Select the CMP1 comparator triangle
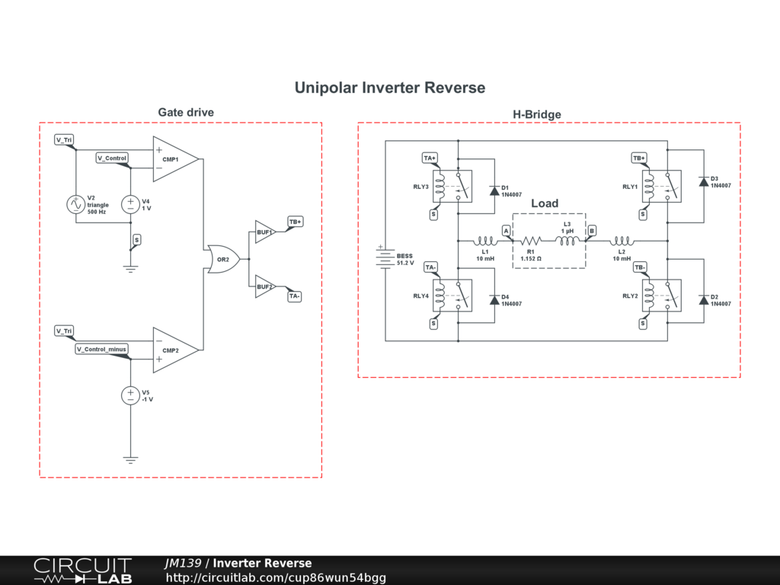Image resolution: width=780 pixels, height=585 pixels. coord(176,159)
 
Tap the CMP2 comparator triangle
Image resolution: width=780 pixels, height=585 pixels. coord(176,350)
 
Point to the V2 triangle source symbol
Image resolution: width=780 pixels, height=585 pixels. coord(75,204)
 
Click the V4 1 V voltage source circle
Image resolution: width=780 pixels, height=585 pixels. coord(130,204)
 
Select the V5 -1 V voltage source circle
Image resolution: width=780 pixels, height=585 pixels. coord(130,395)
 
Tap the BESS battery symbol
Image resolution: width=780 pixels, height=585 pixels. coord(385,257)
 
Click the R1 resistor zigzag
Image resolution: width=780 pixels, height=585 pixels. coord(531,241)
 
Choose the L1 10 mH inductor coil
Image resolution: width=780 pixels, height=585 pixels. coord(485,241)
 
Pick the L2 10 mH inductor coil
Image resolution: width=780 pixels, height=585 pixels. coord(622,241)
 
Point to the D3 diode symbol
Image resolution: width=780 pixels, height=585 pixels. coord(704,181)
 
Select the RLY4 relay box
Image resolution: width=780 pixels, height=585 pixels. coord(452,296)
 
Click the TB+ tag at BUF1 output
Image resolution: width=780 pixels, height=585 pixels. coord(295,222)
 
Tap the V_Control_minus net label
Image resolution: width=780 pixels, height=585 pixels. coord(101,349)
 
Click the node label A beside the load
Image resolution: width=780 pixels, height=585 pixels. coord(506,231)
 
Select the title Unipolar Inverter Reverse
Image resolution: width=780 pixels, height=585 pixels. coord(390,88)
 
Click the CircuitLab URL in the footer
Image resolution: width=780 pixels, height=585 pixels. coord(276,577)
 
